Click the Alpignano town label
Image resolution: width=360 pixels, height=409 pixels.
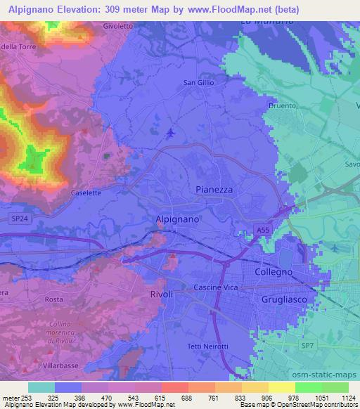(x=176, y=219)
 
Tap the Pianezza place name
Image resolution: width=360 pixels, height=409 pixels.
(x=213, y=190)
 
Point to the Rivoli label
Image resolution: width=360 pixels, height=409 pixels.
(x=162, y=294)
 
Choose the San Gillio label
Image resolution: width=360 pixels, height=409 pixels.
(x=198, y=83)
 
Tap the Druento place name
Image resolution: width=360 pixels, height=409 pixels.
(x=281, y=106)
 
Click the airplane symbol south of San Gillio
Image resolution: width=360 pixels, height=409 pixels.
(x=170, y=133)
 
